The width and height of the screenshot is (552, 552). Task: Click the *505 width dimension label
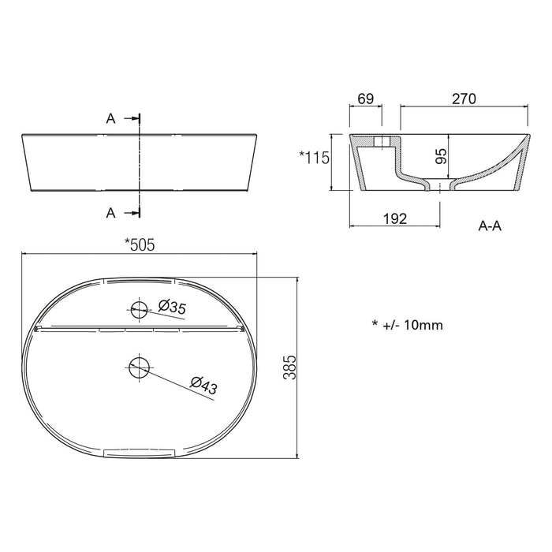click(140, 244)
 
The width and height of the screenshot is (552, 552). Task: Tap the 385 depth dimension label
click(290, 367)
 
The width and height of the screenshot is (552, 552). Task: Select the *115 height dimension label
click(315, 158)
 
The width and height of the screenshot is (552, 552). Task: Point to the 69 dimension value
click(365, 99)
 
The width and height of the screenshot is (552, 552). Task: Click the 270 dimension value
click(464, 99)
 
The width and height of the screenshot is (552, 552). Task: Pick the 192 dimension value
click(395, 218)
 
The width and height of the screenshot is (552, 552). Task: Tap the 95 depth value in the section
click(441, 156)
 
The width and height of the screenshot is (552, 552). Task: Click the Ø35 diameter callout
click(172, 307)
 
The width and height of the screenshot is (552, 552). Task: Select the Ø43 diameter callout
click(203, 386)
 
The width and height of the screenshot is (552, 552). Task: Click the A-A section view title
click(490, 226)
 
